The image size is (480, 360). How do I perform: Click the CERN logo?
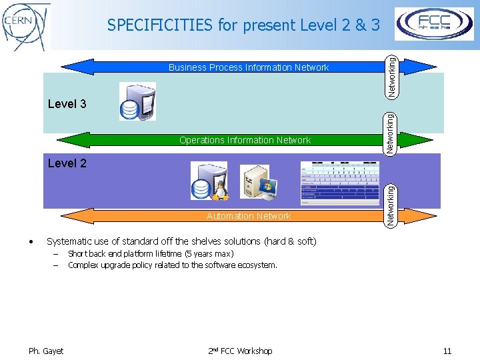click(26, 26)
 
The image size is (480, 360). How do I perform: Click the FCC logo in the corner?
click(435, 24)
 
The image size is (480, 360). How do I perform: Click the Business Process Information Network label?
click(248, 67)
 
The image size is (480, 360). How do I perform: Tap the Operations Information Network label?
click(245, 140)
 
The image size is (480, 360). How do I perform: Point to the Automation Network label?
click(249, 216)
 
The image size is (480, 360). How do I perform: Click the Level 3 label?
click(67, 104)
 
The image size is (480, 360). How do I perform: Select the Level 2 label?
click(67, 163)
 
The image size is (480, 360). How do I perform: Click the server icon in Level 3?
click(137, 101)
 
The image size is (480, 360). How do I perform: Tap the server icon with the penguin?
click(209, 181)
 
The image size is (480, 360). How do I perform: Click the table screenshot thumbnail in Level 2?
click(340, 182)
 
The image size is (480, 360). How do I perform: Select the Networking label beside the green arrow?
click(393, 133)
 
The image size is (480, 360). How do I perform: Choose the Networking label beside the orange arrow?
click(393, 205)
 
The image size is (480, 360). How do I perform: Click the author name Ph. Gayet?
click(46, 351)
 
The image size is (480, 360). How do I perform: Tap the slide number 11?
click(447, 351)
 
